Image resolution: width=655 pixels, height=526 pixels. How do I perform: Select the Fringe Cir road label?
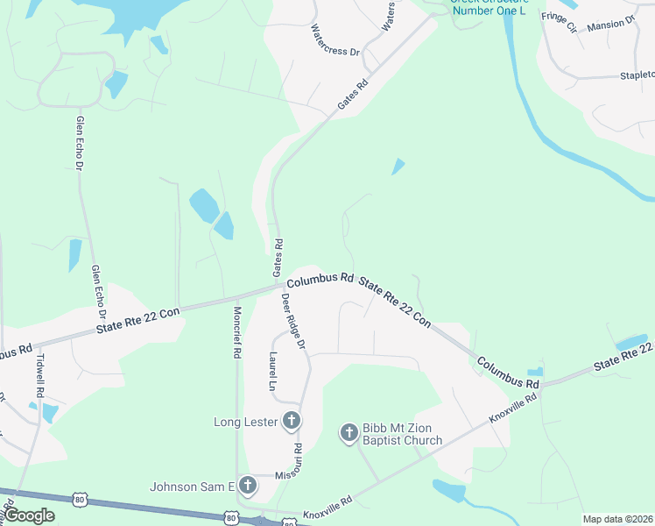tap(560, 22)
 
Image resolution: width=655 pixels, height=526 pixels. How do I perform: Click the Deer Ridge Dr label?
tap(293, 321)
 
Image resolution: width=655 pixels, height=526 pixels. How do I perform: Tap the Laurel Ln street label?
tap(272, 371)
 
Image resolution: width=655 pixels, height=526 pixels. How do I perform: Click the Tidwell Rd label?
tap(39, 373)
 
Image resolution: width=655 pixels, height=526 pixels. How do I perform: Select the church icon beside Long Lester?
tap(292, 422)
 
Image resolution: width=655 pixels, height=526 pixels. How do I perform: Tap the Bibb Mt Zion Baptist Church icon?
tap(349, 432)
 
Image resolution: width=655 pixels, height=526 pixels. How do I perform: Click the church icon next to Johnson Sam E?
tap(248, 485)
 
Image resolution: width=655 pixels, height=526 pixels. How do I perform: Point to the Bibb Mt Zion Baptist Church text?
tap(403, 433)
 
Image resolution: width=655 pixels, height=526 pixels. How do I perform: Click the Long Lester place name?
tap(246, 422)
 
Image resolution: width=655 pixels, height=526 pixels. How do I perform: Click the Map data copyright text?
tap(616, 519)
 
